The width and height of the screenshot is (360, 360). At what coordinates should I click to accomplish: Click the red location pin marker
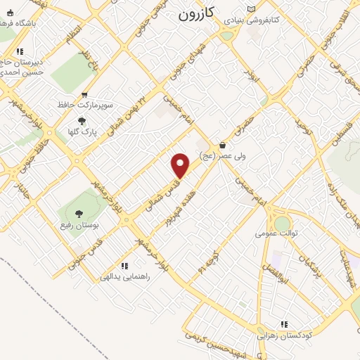pos(181,165)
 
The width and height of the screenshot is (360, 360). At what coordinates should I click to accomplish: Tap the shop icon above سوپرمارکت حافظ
pos(84,95)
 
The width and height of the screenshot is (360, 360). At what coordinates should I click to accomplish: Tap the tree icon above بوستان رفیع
pos(78,214)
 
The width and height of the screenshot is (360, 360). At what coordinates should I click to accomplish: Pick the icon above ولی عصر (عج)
pos(222,145)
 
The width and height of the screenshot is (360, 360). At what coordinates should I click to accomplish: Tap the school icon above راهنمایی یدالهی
pos(124,266)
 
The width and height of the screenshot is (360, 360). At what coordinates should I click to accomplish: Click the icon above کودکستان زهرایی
pos(284,324)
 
